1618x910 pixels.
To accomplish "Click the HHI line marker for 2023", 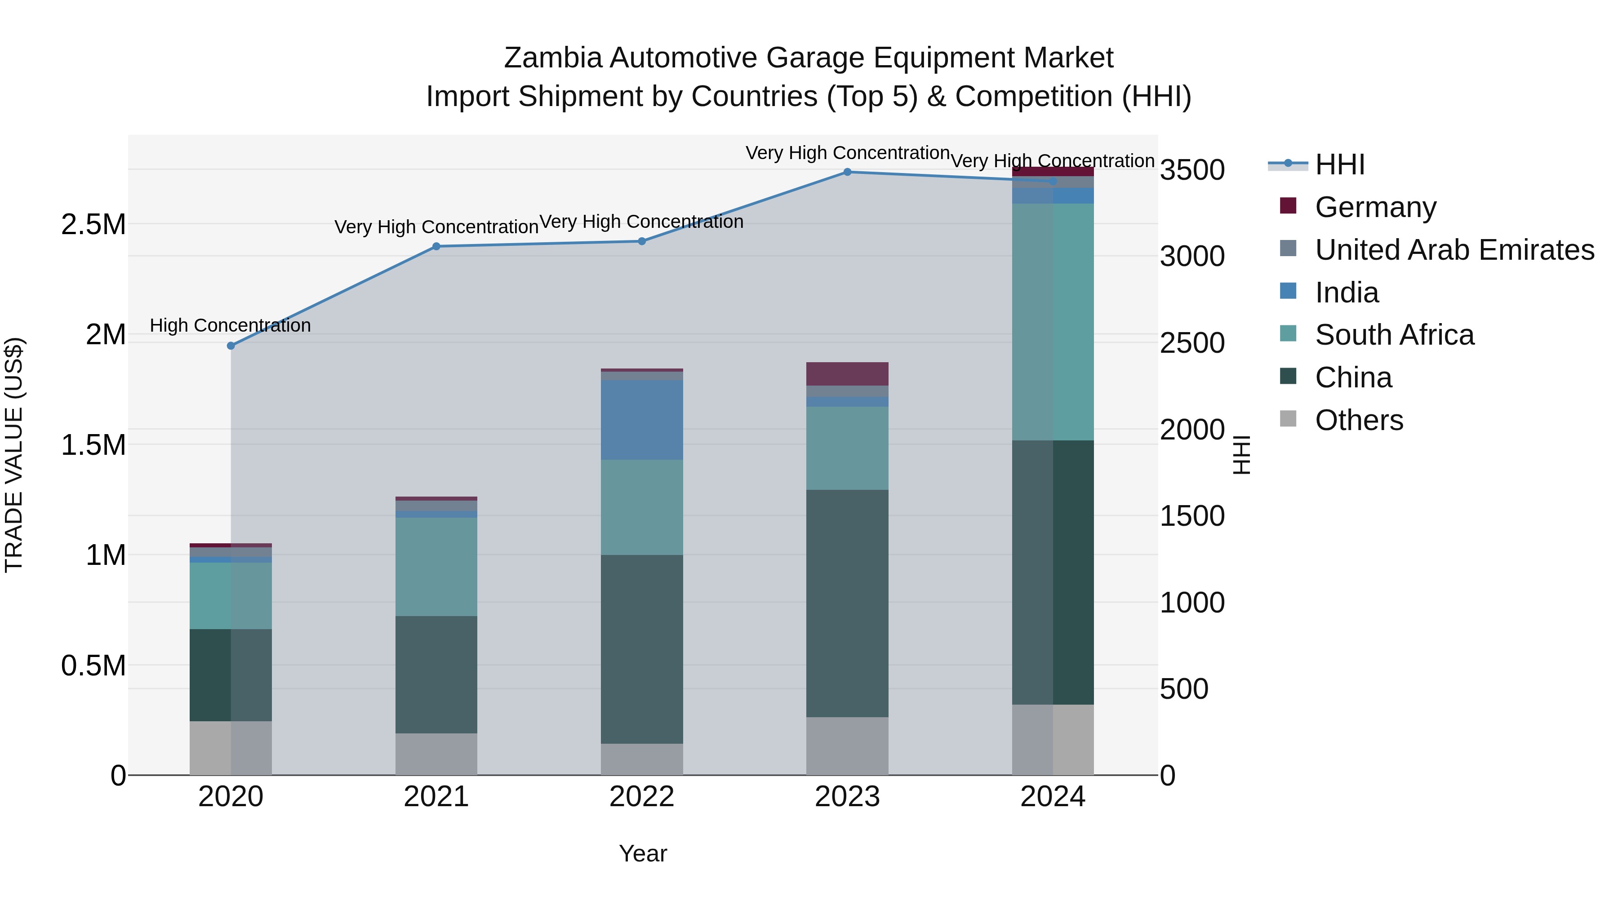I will pyautogui.click(x=847, y=172).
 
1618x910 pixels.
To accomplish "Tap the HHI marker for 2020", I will pyautogui.click(x=231, y=346).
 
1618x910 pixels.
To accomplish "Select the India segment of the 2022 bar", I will pyautogui.click(x=641, y=420).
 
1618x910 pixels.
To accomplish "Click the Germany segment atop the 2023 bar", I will pyautogui.click(x=847, y=374).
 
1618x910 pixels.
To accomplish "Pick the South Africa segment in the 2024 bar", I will pyautogui.click(x=1053, y=322).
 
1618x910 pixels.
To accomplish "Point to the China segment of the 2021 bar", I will pyautogui.click(x=436, y=674).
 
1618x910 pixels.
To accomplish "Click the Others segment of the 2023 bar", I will pyautogui.click(x=847, y=746).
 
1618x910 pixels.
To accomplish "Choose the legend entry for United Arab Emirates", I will pyautogui.click(x=1454, y=250).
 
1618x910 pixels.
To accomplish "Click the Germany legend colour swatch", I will pyautogui.click(x=1288, y=206).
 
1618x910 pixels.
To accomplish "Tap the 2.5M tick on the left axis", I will pyautogui.click(x=93, y=224).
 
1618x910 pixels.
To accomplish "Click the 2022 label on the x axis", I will pyautogui.click(x=641, y=797).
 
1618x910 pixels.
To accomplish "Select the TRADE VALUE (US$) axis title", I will pyautogui.click(x=14, y=455).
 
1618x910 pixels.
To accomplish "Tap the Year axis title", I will pyautogui.click(x=643, y=853).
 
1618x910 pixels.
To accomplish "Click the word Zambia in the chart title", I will pyautogui.click(x=553, y=58).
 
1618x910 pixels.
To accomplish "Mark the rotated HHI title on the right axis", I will pyautogui.click(x=1241, y=455).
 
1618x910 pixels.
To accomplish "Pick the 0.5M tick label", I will pyautogui.click(x=93, y=666).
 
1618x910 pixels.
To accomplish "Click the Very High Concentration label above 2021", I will pyautogui.click(x=436, y=227).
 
